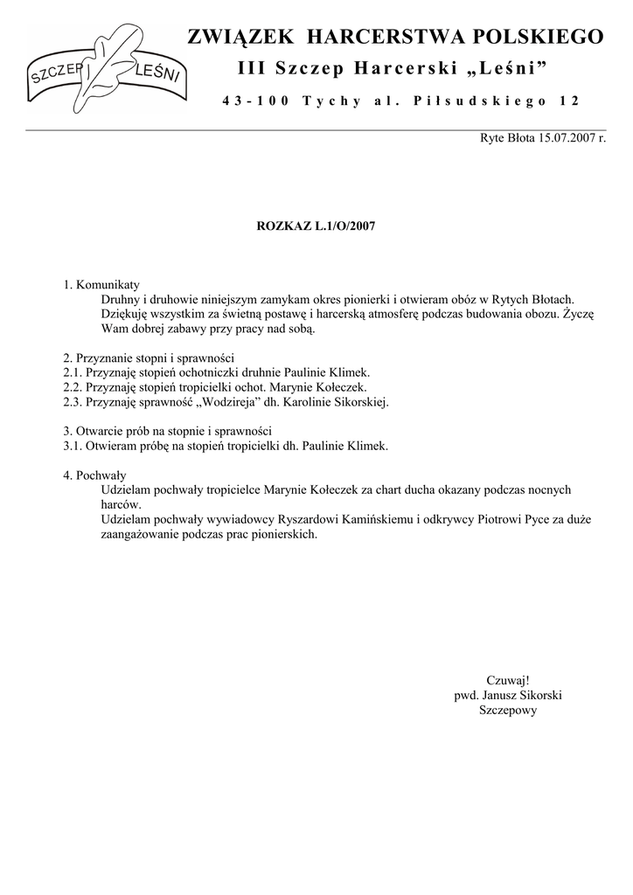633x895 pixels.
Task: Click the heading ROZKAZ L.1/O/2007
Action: pyautogui.click(x=316, y=225)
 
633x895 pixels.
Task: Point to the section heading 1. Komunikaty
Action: pyautogui.click(x=101, y=285)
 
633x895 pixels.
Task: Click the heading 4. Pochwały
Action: pyautogui.click(x=95, y=475)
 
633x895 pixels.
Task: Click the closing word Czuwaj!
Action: pyautogui.click(x=508, y=680)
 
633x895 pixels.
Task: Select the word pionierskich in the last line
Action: pyautogui.click(x=281, y=534)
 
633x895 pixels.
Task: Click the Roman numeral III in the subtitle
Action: pyautogui.click(x=252, y=68)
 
